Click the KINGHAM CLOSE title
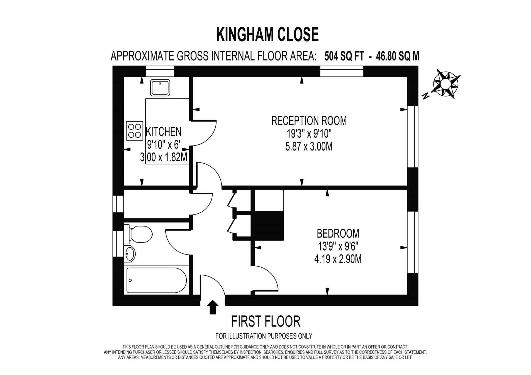pos(267,35)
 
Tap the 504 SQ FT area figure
pos(344,56)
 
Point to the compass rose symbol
pos(445,84)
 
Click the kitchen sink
pos(160,88)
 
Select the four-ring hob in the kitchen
pos(135,131)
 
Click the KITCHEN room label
pos(164,132)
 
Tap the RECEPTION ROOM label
pos(309,121)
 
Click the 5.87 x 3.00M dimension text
pos(309,147)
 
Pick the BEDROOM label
pos(338,233)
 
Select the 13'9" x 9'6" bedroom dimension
pos(338,246)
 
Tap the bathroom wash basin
pos(130,253)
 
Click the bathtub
pos(156,280)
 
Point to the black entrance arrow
pos(212,307)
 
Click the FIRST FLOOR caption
pos(266,321)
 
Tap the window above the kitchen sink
pos(160,71)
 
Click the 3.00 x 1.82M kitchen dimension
pos(164,157)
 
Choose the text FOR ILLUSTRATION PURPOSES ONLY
pos(264,336)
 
